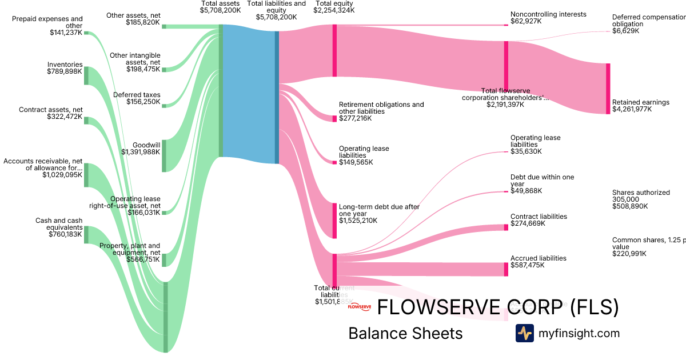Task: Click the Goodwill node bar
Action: [x=163, y=155]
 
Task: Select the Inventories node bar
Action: [x=86, y=75]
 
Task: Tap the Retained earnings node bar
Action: [x=608, y=89]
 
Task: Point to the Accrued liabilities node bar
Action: [x=506, y=269]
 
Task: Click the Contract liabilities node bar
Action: [x=506, y=227]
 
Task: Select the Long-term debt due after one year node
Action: [x=335, y=220]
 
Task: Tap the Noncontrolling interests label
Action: [x=540, y=14]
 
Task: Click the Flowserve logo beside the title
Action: [x=360, y=307]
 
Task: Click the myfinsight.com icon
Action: [x=524, y=333]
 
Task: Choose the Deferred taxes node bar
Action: [x=163, y=106]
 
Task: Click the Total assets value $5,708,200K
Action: [x=220, y=10]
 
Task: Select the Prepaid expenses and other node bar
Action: [x=86, y=33]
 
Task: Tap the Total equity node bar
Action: [x=335, y=50]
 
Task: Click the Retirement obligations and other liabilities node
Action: [x=335, y=118]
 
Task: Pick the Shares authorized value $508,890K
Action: [x=630, y=206]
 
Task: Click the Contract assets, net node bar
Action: [x=86, y=120]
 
